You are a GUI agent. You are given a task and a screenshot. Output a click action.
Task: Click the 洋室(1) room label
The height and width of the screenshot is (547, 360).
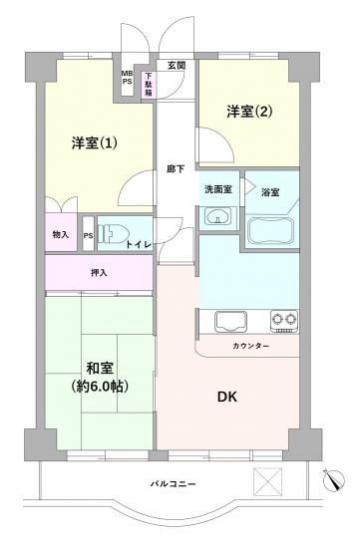tap(95, 143)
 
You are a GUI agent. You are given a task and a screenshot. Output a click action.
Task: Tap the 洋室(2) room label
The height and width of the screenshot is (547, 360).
tap(249, 112)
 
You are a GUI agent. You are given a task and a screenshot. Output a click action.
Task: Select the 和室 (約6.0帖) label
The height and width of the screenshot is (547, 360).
tap(100, 377)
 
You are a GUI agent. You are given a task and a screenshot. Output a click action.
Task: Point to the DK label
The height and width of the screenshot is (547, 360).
tap(227, 397)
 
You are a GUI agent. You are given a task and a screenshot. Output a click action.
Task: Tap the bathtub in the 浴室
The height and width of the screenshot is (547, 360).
tap(270, 230)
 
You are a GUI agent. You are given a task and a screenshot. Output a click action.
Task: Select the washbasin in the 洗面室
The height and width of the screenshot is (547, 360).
tap(217, 218)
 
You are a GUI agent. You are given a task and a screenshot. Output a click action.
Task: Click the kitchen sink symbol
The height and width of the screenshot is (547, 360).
tap(230, 321)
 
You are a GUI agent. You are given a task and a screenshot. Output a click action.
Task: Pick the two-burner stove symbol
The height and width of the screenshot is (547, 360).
tap(284, 321)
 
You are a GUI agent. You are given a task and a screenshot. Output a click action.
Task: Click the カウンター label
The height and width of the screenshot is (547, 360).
tap(250, 346)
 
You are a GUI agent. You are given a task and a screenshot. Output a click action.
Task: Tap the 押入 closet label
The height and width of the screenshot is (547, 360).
tap(99, 273)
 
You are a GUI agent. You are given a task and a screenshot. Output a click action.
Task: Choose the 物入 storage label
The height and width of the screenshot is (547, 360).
tap(61, 235)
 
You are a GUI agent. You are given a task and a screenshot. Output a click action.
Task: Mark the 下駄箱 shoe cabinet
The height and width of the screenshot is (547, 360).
tap(149, 84)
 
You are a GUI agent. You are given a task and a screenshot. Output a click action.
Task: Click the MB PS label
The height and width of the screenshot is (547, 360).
tap(127, 78)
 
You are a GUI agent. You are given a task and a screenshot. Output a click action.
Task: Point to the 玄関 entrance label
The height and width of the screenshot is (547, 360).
tap(177, 65)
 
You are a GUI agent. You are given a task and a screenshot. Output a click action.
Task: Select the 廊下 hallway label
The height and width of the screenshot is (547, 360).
tap(176, 169)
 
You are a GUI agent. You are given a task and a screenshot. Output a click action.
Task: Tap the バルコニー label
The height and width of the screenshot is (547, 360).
tap(174, 484)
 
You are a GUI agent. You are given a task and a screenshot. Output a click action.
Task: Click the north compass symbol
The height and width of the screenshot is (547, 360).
tap(334, 480)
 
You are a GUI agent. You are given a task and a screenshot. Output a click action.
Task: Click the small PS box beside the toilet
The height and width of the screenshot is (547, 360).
tap(88, 234)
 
